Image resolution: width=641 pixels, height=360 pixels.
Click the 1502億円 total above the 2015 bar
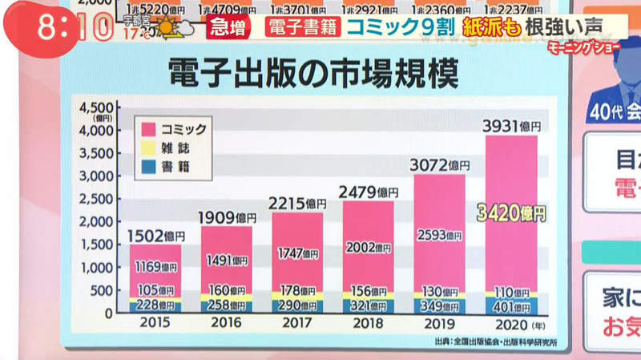(157, 236)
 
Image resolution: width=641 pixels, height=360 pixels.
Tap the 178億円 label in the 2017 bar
(298, 290)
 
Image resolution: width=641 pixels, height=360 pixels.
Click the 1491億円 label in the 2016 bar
(228, 260)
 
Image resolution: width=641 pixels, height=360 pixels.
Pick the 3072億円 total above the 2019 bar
(441, 166)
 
